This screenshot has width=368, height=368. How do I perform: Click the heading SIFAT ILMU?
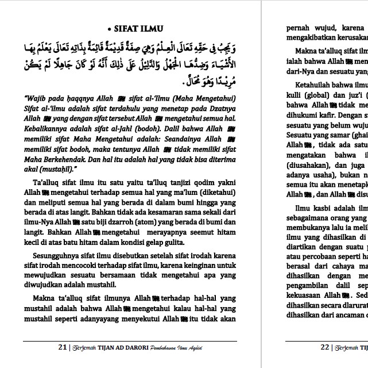click(x=138, y=29)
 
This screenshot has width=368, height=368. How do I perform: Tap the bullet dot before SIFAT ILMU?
click(x=109, y=29)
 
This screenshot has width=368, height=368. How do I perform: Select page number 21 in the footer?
click(x=63, y=347)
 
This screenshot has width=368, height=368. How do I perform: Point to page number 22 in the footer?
click(x=324, y=347)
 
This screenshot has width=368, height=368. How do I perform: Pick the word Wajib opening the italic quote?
click(x=37, y=98)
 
